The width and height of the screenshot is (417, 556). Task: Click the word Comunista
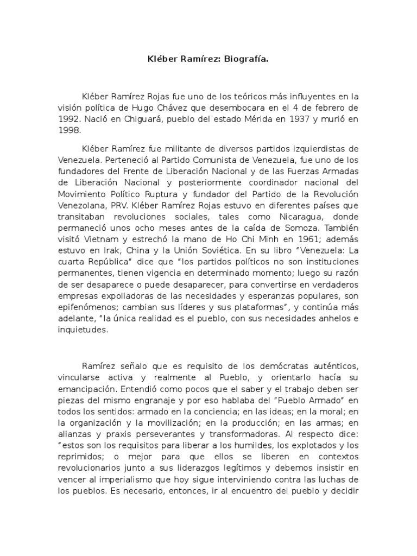[x=205, y=160]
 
